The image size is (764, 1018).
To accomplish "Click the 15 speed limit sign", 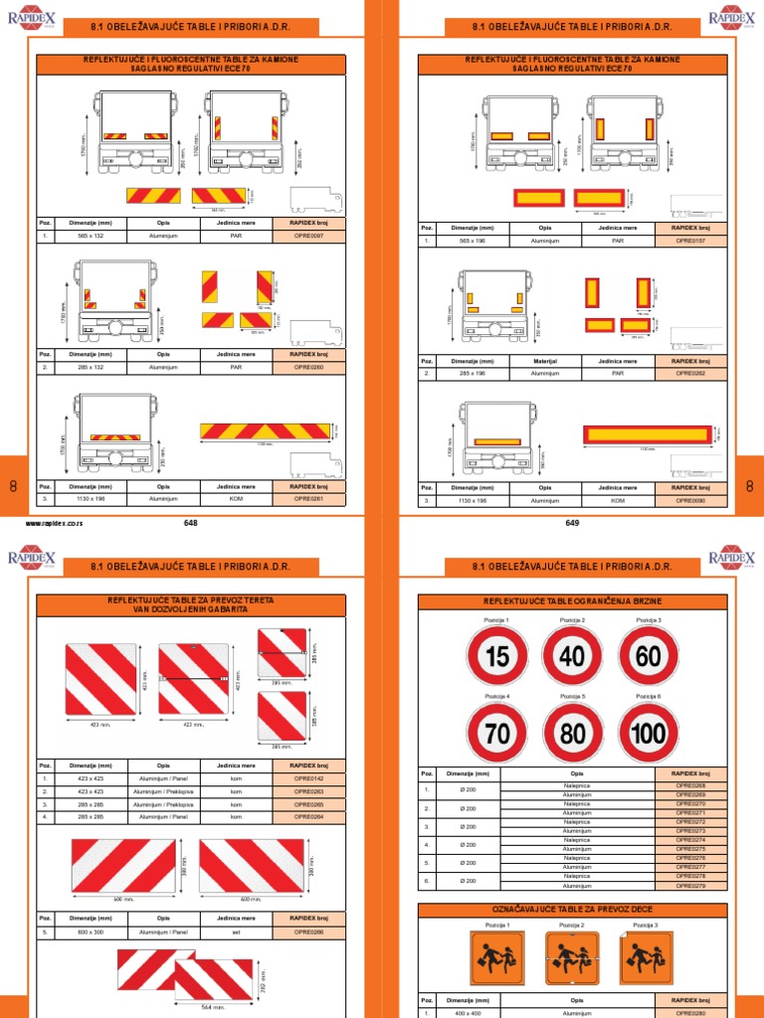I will (495, 655).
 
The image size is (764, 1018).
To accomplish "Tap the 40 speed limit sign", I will (572, 655).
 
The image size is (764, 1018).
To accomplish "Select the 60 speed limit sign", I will (649, 655).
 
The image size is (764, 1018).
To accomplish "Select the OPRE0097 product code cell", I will (309, 237).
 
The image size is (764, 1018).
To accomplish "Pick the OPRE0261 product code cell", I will (309, 498).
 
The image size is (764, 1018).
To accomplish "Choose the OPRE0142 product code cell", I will (309, 778).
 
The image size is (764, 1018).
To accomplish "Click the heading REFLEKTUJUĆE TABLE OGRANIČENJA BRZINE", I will (572, 602).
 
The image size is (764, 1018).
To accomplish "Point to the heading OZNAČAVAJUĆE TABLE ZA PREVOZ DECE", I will (572, 910).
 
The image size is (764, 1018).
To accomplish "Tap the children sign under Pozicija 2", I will (572, 958).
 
